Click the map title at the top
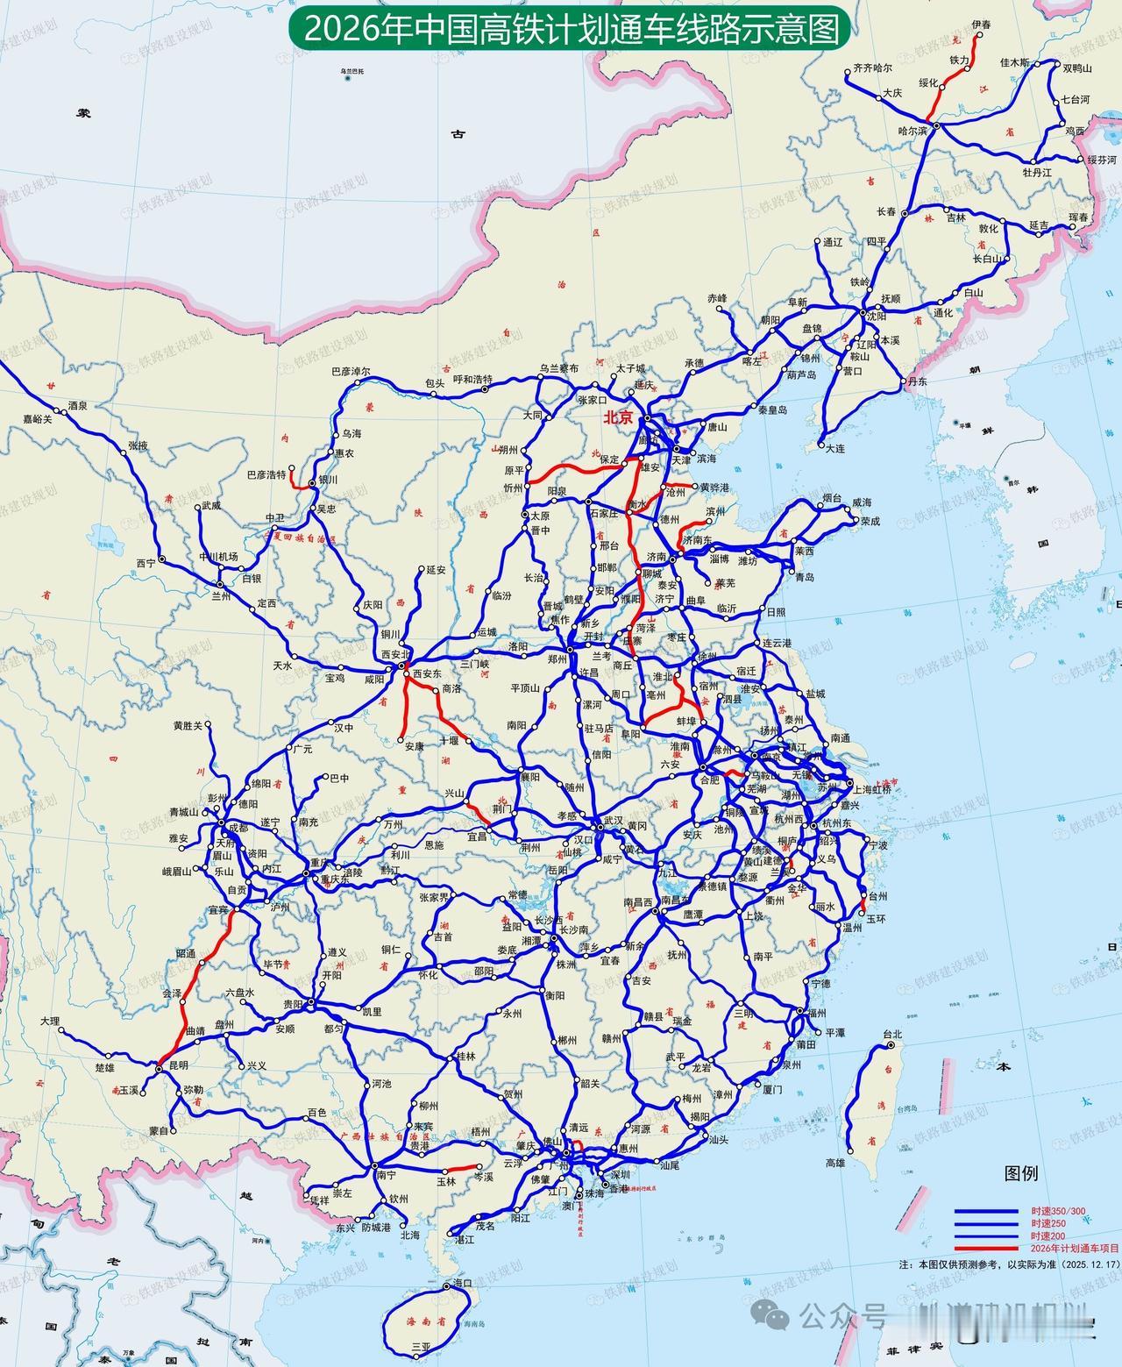pyautogui.click(x=565, y=30)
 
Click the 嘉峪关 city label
pyautogui.click(x=38, y=420)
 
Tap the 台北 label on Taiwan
pyautogui.click(x=892, y=1034)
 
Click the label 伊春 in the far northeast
pyautogui.click(x=981, y=25)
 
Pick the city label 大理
pyautogui.click(x=49, y=1022)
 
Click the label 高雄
pyautogui.click(x=835, y=1163)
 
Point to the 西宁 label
pyautogui.click(x=146, y=563)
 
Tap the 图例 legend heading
pyautogui.click(x=1021, y=1173)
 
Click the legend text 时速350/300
pyautogui.click(x=1058, y=1211)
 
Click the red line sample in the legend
pyautogui.click(x=986, y=1248)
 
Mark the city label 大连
pyautogui.click(x=835, y=448)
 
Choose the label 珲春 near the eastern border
pyautogui.click(x=1080, y=217)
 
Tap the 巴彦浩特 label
pyautogui.click(x=266, y=474)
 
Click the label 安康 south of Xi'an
pyautogui.click(x=415, y=746)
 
